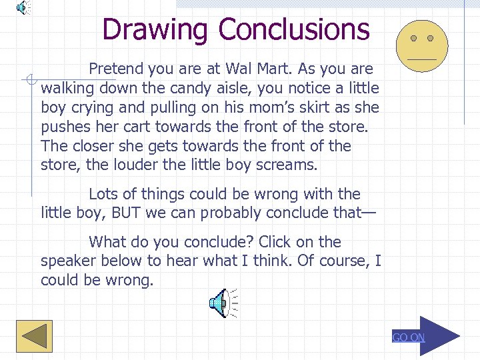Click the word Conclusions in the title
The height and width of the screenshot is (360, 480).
click(x=293, y=29)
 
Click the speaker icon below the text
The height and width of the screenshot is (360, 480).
click(x=222, y=303)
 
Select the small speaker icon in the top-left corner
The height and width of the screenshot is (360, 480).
click(x=22, y=7)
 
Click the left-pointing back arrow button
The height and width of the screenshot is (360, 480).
click(x=34, y=336)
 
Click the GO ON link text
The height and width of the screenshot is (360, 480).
click(x=408, y=337)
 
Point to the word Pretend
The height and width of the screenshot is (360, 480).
click(x=117, y=69)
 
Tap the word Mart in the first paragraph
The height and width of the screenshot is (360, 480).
click(x=274, y=69)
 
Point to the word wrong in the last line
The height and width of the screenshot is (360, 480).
click(x=129, y=281)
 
